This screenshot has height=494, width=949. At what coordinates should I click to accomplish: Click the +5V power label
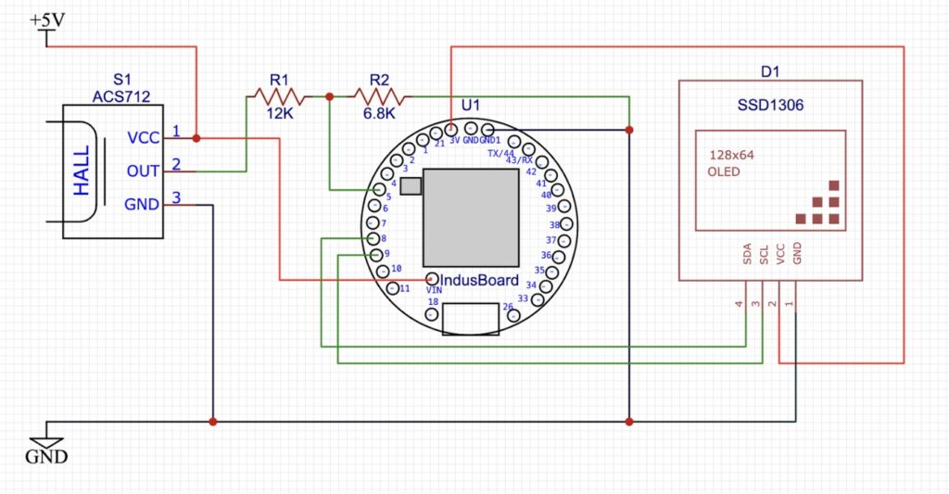(x=47, y=19)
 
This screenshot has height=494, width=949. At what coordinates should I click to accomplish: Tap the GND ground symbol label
(x=45, y=457)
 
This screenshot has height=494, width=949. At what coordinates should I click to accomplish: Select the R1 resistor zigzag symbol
(x=275, y=95)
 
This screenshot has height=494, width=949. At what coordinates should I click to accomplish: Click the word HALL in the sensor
(x=82, y=170)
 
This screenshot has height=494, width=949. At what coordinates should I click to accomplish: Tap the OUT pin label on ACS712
(x=143, y=171)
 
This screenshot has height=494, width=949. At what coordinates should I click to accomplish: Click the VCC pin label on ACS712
(x=143, y=138)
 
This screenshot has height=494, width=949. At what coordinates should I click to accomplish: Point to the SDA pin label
(x=747, y=255)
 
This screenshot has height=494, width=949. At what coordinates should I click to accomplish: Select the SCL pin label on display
(x=764, y=255)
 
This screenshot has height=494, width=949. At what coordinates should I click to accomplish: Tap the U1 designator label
(x=470, y=105)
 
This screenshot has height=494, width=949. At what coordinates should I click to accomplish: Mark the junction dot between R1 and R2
(x=329, y=95)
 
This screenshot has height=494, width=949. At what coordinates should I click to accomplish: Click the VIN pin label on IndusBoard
(x=434, y=290)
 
